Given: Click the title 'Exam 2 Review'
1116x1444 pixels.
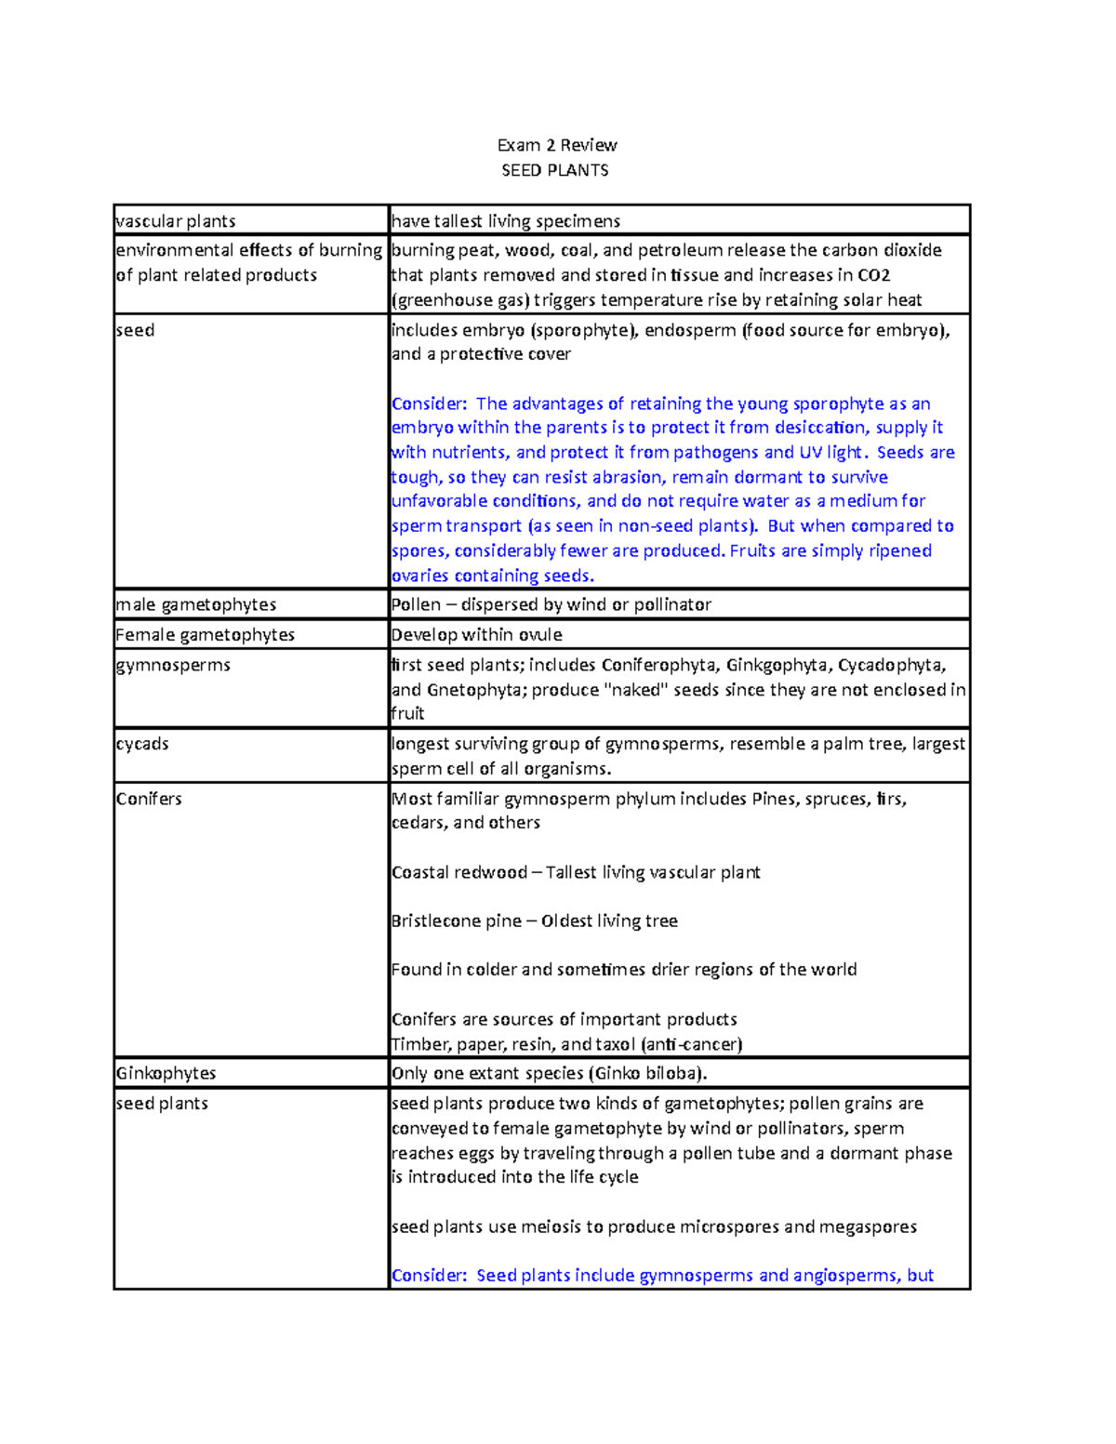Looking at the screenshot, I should click(556, 145).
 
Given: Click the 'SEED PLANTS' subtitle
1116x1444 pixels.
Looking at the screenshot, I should click(555, 170).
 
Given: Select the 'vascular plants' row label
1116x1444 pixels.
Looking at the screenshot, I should click(176, 221).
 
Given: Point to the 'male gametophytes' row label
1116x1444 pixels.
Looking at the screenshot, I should click(196, 604).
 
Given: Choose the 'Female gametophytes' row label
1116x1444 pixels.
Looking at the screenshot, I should click(205, 634).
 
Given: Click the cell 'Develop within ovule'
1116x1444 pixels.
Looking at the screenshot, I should click(476, 634).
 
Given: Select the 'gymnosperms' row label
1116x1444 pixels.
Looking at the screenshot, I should click(173, 665).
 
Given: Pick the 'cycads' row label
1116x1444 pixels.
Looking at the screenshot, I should click(142, 744).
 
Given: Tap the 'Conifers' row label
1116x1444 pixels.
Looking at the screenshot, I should click(149, 799).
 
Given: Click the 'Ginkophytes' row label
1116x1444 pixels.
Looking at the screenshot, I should click(166, 1073).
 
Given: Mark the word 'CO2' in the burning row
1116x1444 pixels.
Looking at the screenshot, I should click(873, 275).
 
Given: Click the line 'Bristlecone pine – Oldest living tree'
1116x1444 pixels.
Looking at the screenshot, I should click(534, 921).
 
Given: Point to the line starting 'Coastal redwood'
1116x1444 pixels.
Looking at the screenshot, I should click(575, 872).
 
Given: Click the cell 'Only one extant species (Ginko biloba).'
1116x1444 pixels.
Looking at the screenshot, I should click(549, 1073).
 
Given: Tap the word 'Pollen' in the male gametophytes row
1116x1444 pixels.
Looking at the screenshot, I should click(416, 604).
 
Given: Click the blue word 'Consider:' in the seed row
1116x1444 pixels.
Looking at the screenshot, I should click(429, 404).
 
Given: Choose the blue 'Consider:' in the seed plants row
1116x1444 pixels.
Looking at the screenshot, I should click(429, 1276).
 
